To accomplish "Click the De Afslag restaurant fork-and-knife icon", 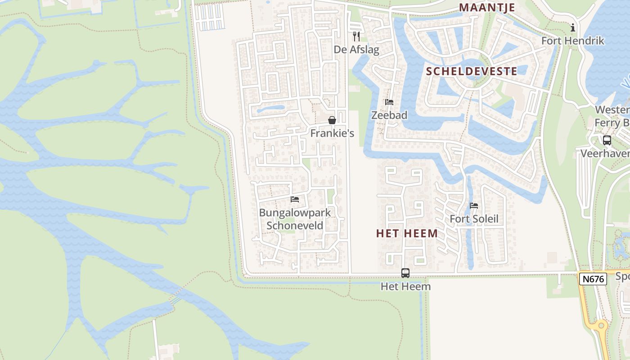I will click(x=356, y=36).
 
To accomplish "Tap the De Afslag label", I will click(x=356, y=49).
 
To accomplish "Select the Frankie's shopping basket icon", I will click(x=332, y=120).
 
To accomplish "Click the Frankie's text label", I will click(x=332, y=133).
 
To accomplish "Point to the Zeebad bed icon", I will click(x=389, y=102).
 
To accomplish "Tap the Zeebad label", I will click(x=389, y=115).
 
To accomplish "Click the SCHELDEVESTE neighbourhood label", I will click(x=472, y=71).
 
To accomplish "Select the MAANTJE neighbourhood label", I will click(x=487, y=8).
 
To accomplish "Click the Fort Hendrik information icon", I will click(x=573, y=28).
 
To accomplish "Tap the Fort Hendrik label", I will click(x=573, y=41).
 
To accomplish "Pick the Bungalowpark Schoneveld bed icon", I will click(x=295, y=199).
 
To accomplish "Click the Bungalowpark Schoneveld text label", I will click(x=295, y=219).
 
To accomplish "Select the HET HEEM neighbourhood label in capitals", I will click(x=407, y=233).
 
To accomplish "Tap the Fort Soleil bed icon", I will click(x=474, y=206).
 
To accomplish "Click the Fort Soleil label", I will click(x=474, y=219).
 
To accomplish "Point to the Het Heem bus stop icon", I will click(x=405, y=273).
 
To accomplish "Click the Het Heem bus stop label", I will click(x=405, y=286).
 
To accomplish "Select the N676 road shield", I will click(x=593, y=279).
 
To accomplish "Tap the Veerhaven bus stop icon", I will click(x=607, y=140).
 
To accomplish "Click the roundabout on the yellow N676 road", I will click(x=601, y=325).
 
